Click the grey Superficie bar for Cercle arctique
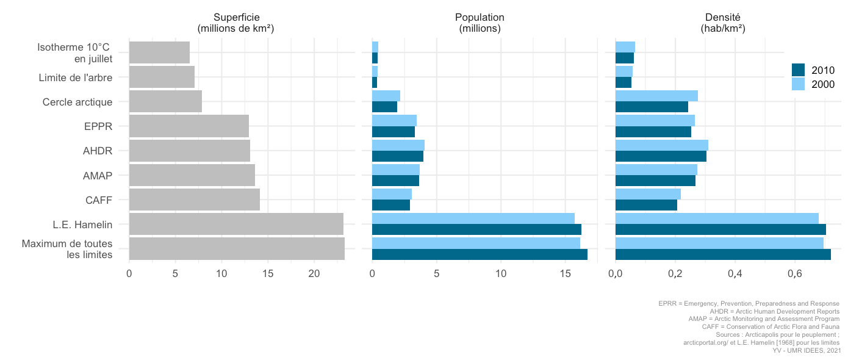pos(165,101)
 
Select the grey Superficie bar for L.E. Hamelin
pos(236,224)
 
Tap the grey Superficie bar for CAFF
pos(195,200)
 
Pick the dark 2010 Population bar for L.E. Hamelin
pos(476,229)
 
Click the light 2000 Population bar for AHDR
pos(398,145)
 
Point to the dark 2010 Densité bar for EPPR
pos(653,132)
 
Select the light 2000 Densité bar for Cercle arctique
pos(656,96)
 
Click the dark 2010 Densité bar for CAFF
pos(646,205)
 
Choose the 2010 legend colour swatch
pos(799,70)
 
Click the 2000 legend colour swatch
pos(799,84)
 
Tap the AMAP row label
pos(98,176)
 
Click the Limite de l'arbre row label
pos(75,77)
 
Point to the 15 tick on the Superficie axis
pos(268,275)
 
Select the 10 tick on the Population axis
pos(501,275)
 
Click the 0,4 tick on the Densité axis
pos(735,275)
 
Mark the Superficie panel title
pos(235,23)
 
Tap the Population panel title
pos(480,23)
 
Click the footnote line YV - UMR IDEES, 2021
pos(807,351)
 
